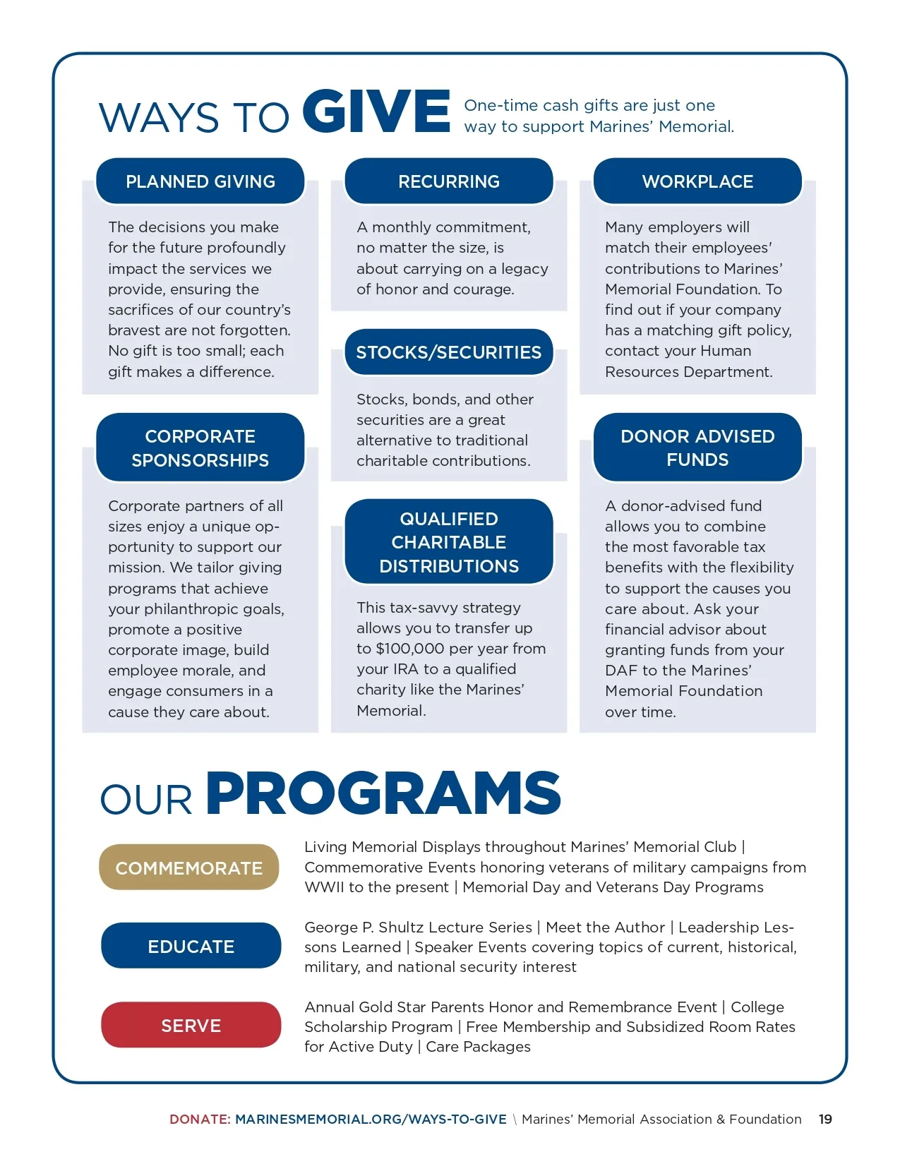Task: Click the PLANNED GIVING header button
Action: pyautogui.click(x=200, y=181)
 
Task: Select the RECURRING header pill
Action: pyautogui.click(x=449, y=181)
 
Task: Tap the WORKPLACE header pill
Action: pyautogui.click(x=697, y=181)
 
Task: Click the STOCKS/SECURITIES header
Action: pyautogui.click(x=449, y=352)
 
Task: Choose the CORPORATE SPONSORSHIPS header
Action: pyautogui.click(x=200, y=448)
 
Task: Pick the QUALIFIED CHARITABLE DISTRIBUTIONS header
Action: pyautogui.click(x=449, y=542)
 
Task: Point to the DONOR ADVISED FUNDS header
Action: pyautogui.click(x=697, y=448)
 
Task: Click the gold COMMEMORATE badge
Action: pyautogui.click(x=189, y=868)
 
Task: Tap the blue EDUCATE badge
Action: pyautogui.click(x=191, y=946)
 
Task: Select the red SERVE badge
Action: pyautogui.click(x=191, y=1025)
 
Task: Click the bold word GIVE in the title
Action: pyautogui.click(x=376, y=112)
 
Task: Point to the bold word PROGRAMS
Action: pyautogui.click(x=383, y=793)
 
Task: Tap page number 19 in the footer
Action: pyautogui.click(x=825, y=1119)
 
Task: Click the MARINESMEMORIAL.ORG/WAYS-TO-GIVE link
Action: pyautogui.click(x=371, y=1119)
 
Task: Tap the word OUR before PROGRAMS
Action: pyautogui.click(x=146, y=800)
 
